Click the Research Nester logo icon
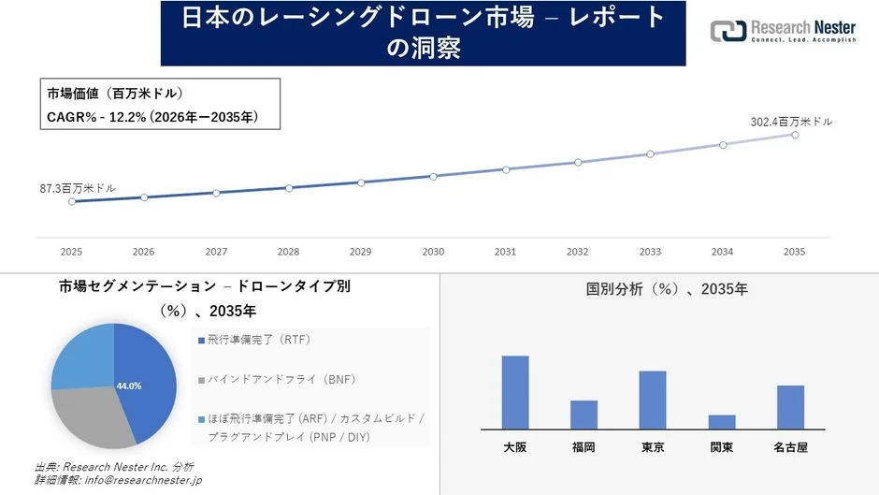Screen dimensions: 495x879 tap(728, 31)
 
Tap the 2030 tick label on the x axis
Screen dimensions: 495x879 tap(433, 252)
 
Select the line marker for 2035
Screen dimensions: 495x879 tap(795, 135)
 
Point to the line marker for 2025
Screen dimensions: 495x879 tap(72, 201)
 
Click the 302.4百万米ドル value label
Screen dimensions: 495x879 tap(791, 122)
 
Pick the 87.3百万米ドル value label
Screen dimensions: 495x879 tap(78, 188)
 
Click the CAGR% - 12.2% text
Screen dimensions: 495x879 tap(152, 117)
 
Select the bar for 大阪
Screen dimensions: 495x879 tap(515, 392)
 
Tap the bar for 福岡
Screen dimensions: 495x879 tap(584, 415)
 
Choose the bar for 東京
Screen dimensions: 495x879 tap(653, 400)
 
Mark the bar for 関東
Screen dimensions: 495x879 tap(722, 422)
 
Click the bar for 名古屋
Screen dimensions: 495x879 tap(790, 407)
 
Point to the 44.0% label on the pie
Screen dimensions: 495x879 tap(129, 386)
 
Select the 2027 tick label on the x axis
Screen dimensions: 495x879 tap(216, 252)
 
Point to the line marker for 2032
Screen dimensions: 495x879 tap(578, 162)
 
